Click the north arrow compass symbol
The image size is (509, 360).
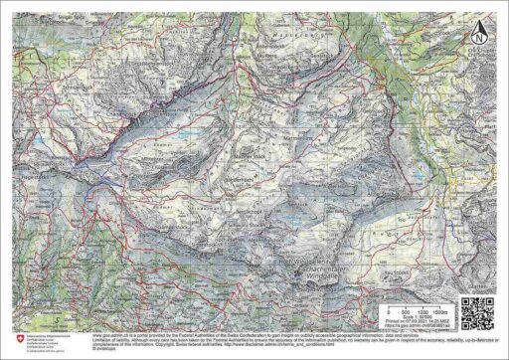point(480,30)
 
